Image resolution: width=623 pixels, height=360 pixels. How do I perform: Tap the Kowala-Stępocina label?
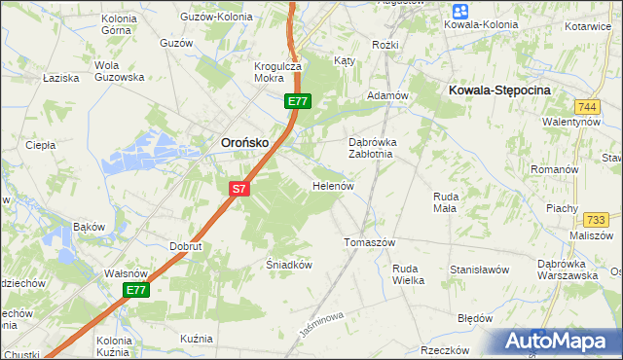(x=499, y=89)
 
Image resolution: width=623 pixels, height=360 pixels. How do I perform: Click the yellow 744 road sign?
(x=586, y=106)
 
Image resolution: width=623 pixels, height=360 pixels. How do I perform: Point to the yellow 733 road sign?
(x=596, y=220)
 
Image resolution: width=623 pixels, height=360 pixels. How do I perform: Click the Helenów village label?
(x=331, y=185)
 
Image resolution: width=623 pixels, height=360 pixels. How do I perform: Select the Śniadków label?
(x=288, y=264)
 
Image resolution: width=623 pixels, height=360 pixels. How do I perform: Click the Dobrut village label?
(x=185, y=247)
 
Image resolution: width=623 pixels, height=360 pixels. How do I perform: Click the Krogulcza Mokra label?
(x=278, y=73)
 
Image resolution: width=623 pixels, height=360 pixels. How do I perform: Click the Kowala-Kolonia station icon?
(x=459, y=12)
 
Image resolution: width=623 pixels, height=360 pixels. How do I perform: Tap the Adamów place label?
(x=385, y=96)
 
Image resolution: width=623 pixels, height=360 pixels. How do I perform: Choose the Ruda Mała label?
(x=445, y=200)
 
